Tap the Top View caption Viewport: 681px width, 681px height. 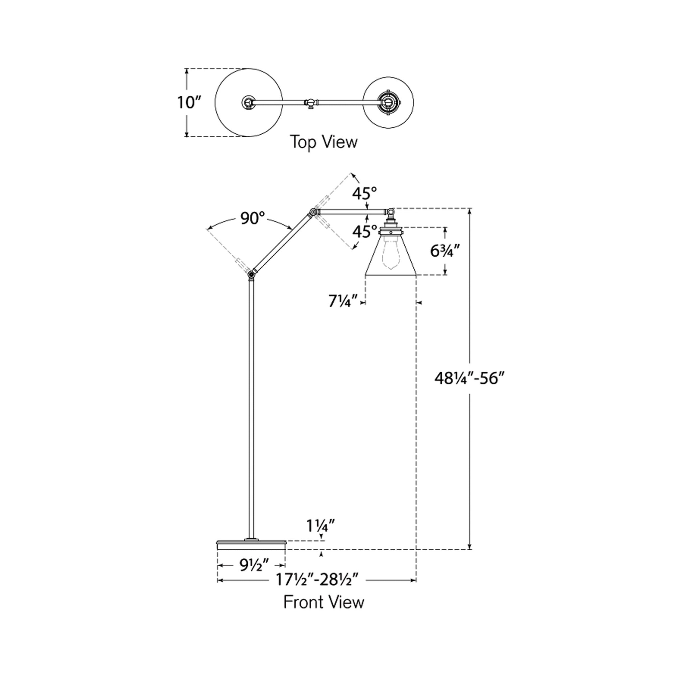pyautogui.click(x=324, y=142)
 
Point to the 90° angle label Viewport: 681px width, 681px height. pyautogui.click(x=252, y=218)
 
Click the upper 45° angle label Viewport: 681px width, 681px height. pyautogui.click(x=364, y=194)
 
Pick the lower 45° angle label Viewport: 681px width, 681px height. pyautogui.click(x=364, y=231)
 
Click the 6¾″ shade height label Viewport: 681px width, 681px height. pyautogui.click(x=445, y=251)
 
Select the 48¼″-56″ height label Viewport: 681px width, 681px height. pyautogui.click(x=470, y=378)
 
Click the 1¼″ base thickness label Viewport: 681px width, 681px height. pyautogui.click(x=320, y=526)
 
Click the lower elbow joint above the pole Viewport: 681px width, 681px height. pyautogui.click(x=251, y=274)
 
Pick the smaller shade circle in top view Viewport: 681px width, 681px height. pyautogui.click(x=402, y=88)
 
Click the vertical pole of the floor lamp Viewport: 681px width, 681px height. pyautogui.click(x=251, y=405)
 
